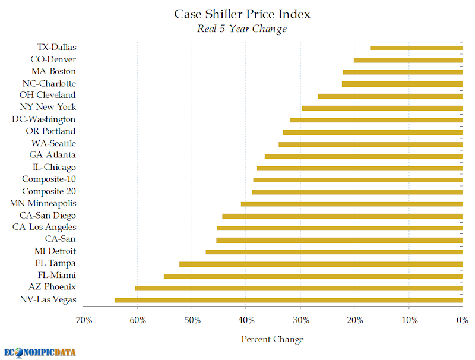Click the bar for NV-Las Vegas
pos(289,301)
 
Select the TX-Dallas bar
pos(417,48)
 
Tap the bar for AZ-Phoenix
pos(299,288)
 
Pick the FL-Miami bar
pos(313,276)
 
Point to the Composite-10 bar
pos(358,180)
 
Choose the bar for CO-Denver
pos(408,60)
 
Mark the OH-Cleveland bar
pos(391,96)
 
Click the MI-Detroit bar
pos(334,252)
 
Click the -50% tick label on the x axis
pos(191,320)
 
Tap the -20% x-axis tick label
pos(353,320)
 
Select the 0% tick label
pos(463,320)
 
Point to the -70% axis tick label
pos(83,320)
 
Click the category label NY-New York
pos(48,107)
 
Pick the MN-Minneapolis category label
pos(43,203)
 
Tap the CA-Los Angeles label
pos(44,228)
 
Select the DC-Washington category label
pos(43,119)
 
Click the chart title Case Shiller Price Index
pos(242,14)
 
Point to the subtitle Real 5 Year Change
pos(242,29)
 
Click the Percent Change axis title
pos(273,339)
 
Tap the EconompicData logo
pos(40,352)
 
